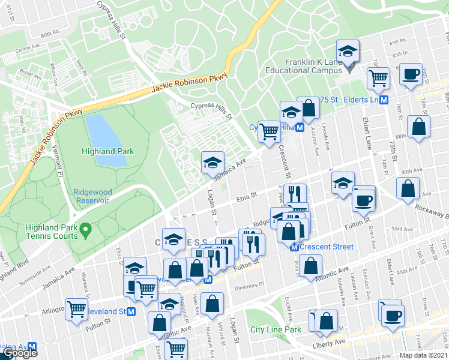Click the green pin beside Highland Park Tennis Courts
[x=86, y=228]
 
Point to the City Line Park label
[x=276, y=329]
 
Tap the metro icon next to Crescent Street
[x=295, y=247]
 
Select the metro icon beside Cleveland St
[x=131, y=312]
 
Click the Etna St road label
[x=246, y=195]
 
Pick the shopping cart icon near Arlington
[x=77, y=311]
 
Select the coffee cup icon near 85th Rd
[x=411, y=74]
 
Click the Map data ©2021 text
[x=424, y=355]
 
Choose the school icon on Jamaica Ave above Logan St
[x=211, y=163]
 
